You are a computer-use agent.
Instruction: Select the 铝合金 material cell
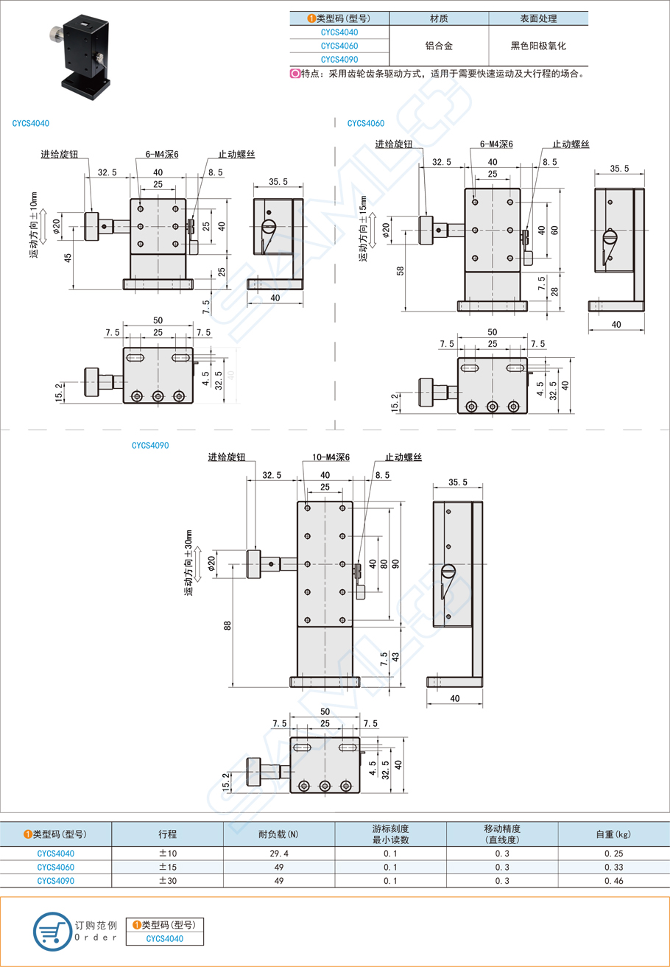click(439, 46)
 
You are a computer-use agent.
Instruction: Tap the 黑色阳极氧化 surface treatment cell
click(538, 46)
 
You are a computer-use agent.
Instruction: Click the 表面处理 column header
click(538, 18)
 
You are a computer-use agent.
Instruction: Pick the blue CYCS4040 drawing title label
click(31, 124)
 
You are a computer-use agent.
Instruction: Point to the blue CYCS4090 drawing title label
click(151, 445)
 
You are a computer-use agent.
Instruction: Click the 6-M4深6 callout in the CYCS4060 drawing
click(496, 144)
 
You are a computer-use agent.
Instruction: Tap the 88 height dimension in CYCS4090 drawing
click(228, 625)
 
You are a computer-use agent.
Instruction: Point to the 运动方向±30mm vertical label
click(188, 563)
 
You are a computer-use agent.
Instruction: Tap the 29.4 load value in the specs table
click(279, 854)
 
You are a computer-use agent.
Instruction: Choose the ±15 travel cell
click(167, 867)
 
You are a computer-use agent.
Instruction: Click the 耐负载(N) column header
click(279, 834)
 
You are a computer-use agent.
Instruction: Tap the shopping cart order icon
click(50, 931)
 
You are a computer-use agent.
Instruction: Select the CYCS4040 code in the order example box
click(164, 938)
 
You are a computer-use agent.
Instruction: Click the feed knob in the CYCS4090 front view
click(253, 564)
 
